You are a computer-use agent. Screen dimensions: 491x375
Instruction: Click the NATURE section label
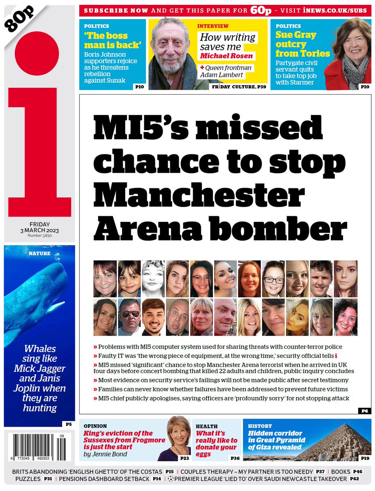pos(40,253)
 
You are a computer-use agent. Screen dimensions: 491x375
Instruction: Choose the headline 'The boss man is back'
pos(106,40)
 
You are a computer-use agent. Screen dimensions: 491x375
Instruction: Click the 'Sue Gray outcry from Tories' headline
pos(302,44)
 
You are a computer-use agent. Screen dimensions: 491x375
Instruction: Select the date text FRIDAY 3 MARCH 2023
pos(40,227)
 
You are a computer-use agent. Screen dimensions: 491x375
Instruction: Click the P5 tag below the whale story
pos(68,424)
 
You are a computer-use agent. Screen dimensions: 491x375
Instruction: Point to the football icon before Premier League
pos(170,479)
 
